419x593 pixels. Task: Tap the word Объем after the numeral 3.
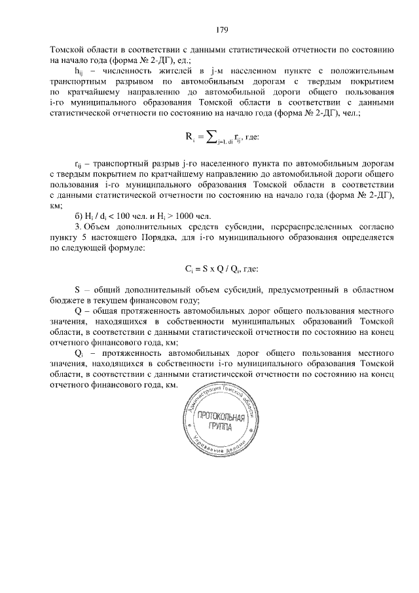point(100,228)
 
